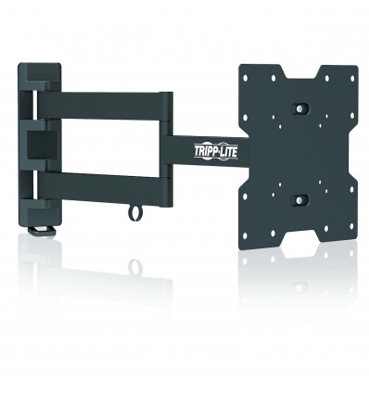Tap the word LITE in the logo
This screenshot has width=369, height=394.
229,152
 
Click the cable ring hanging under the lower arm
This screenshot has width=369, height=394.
134,213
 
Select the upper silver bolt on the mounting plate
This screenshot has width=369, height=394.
299,108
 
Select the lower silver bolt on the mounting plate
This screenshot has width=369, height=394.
299,199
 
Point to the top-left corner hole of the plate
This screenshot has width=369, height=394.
246,77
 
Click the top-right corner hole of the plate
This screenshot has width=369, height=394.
351,79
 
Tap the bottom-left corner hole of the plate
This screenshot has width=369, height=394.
245,236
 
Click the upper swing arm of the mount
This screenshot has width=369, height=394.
103,106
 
